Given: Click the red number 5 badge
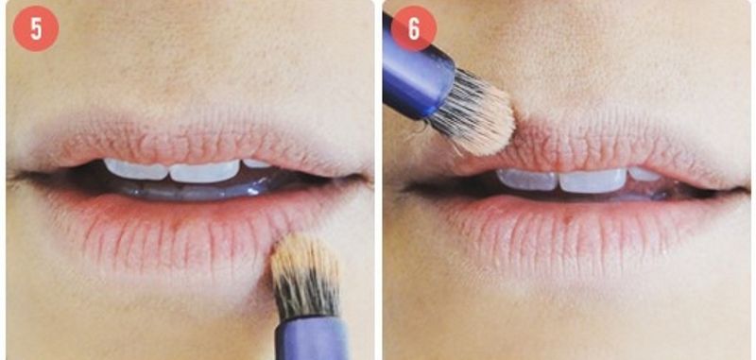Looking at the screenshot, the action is tap(36, 28).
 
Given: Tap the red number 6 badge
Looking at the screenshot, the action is tap(413, 28).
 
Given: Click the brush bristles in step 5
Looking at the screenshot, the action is tap(305, 276).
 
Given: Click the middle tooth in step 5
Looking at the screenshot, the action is tap(204, 172).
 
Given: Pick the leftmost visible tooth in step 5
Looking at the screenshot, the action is tap(135, 170).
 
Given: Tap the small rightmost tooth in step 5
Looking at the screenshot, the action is tap(256, 163).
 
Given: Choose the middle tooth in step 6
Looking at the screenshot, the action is tap(593, 180).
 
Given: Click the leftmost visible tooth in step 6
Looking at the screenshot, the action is tap(527, 180).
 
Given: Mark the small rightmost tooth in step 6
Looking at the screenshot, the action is tap(644, 174).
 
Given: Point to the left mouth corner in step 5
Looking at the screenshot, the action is tap(13, 177).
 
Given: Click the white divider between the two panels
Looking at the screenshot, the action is tap(379, 180).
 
